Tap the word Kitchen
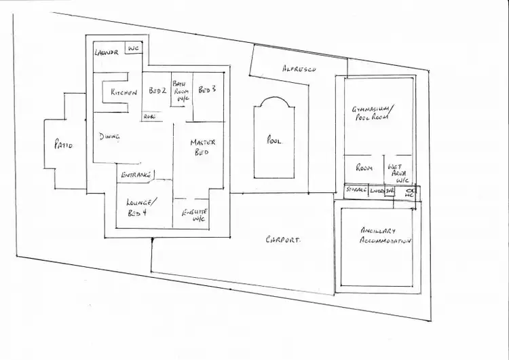point(125,92)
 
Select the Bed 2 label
point(157,90)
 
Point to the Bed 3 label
point(206,90)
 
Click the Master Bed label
point(202,147)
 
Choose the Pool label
point(274,141)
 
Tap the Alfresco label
point(299,69)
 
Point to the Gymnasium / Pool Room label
point(374,113)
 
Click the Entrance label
point(136,176)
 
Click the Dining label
point(110,137)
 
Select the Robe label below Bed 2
point(149,117)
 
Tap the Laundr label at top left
point(107,52)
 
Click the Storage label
point(356,191)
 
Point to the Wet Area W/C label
point(398,173)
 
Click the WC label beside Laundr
point(133,49)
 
